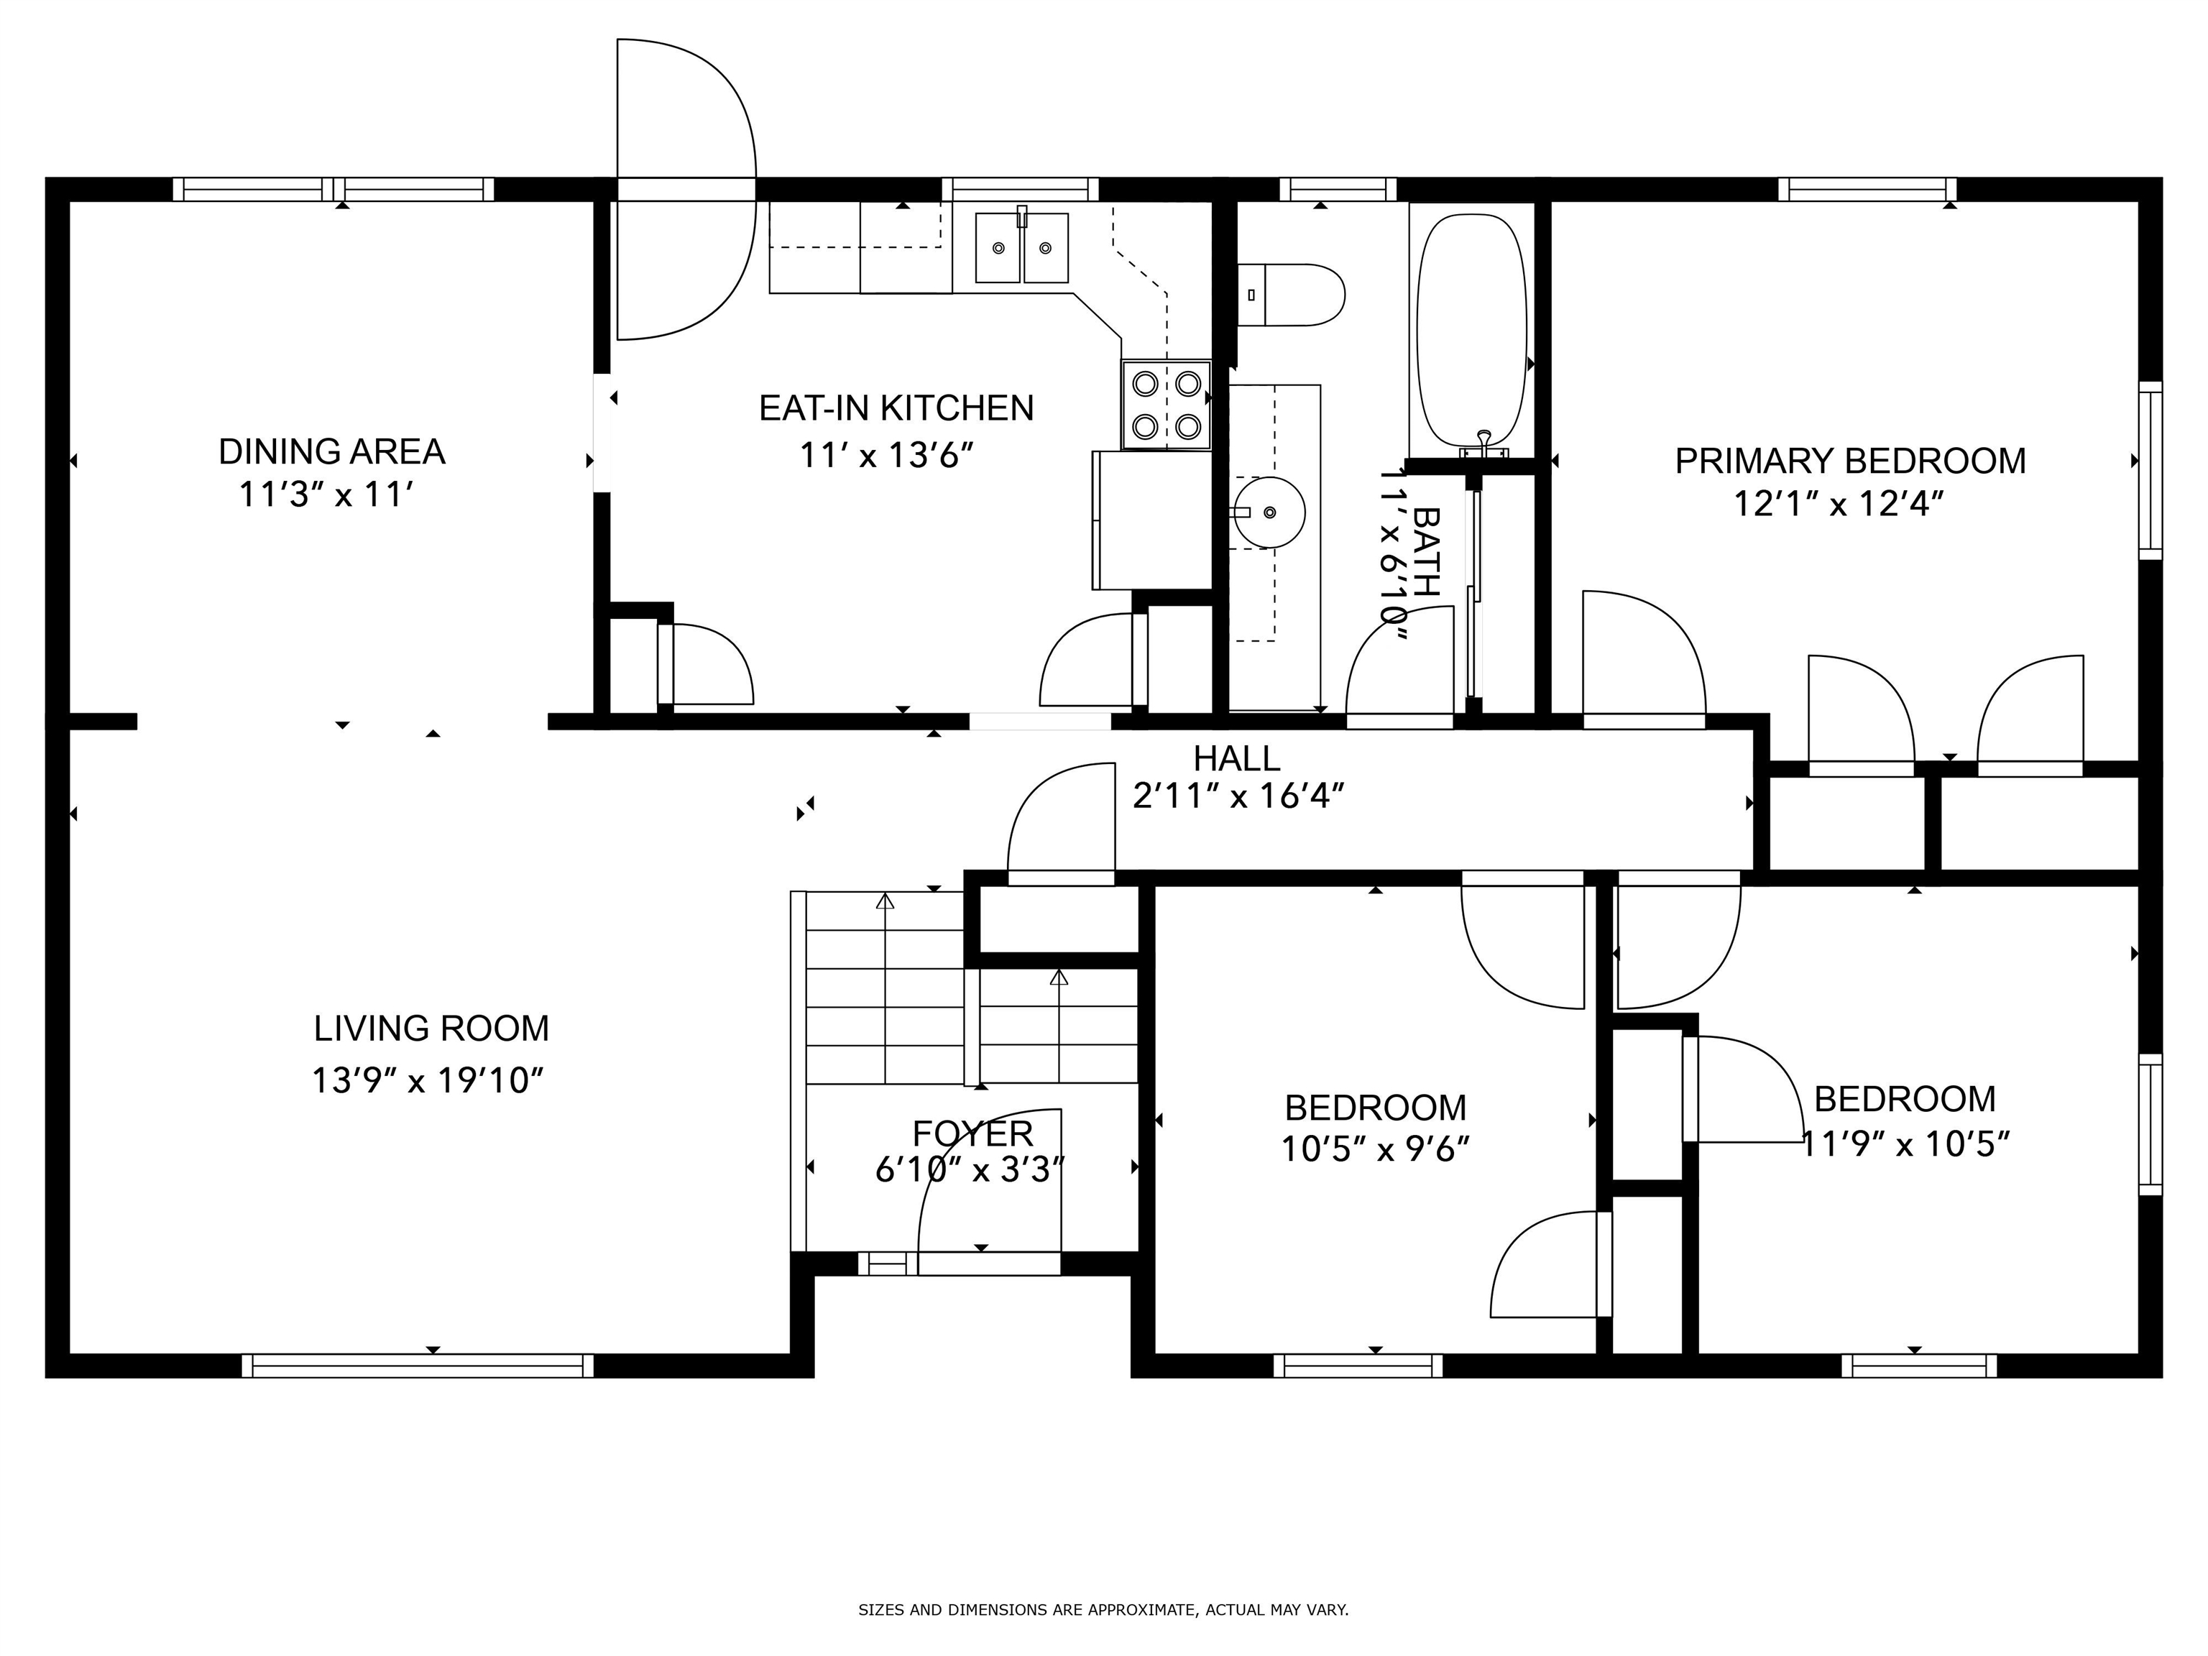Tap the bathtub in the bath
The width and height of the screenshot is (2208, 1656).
click(x=1472, y=331)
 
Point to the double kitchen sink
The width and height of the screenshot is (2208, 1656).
click(x=1021, y=247)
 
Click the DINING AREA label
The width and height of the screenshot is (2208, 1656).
click(x=331, y=452)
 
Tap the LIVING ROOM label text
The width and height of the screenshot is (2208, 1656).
click(x=431, y=1028)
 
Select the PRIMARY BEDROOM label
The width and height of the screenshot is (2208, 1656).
click(x=1849, y=461)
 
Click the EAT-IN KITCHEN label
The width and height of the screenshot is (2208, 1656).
click(x=896, y=408)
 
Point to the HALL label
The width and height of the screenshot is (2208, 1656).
click(x=1237, y=758)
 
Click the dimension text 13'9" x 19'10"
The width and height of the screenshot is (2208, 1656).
click(x=427, y=1080)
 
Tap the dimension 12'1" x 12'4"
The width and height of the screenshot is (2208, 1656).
click(x=1839, y=504)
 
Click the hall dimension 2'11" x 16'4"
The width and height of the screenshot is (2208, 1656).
click(x=1238, y=796)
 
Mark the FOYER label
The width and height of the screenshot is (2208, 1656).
click(x=972, y=1133)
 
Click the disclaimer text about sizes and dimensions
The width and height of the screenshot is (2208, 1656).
click(x=1103, y=1609)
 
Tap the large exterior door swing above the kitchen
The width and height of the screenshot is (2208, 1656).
click(x=686, y=190)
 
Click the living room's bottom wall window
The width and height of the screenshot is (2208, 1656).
click(x=418, y=1366)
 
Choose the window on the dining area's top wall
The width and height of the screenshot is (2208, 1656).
click(x=333, y=190)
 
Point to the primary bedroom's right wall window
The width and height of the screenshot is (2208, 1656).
click(x=2150, y=470)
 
